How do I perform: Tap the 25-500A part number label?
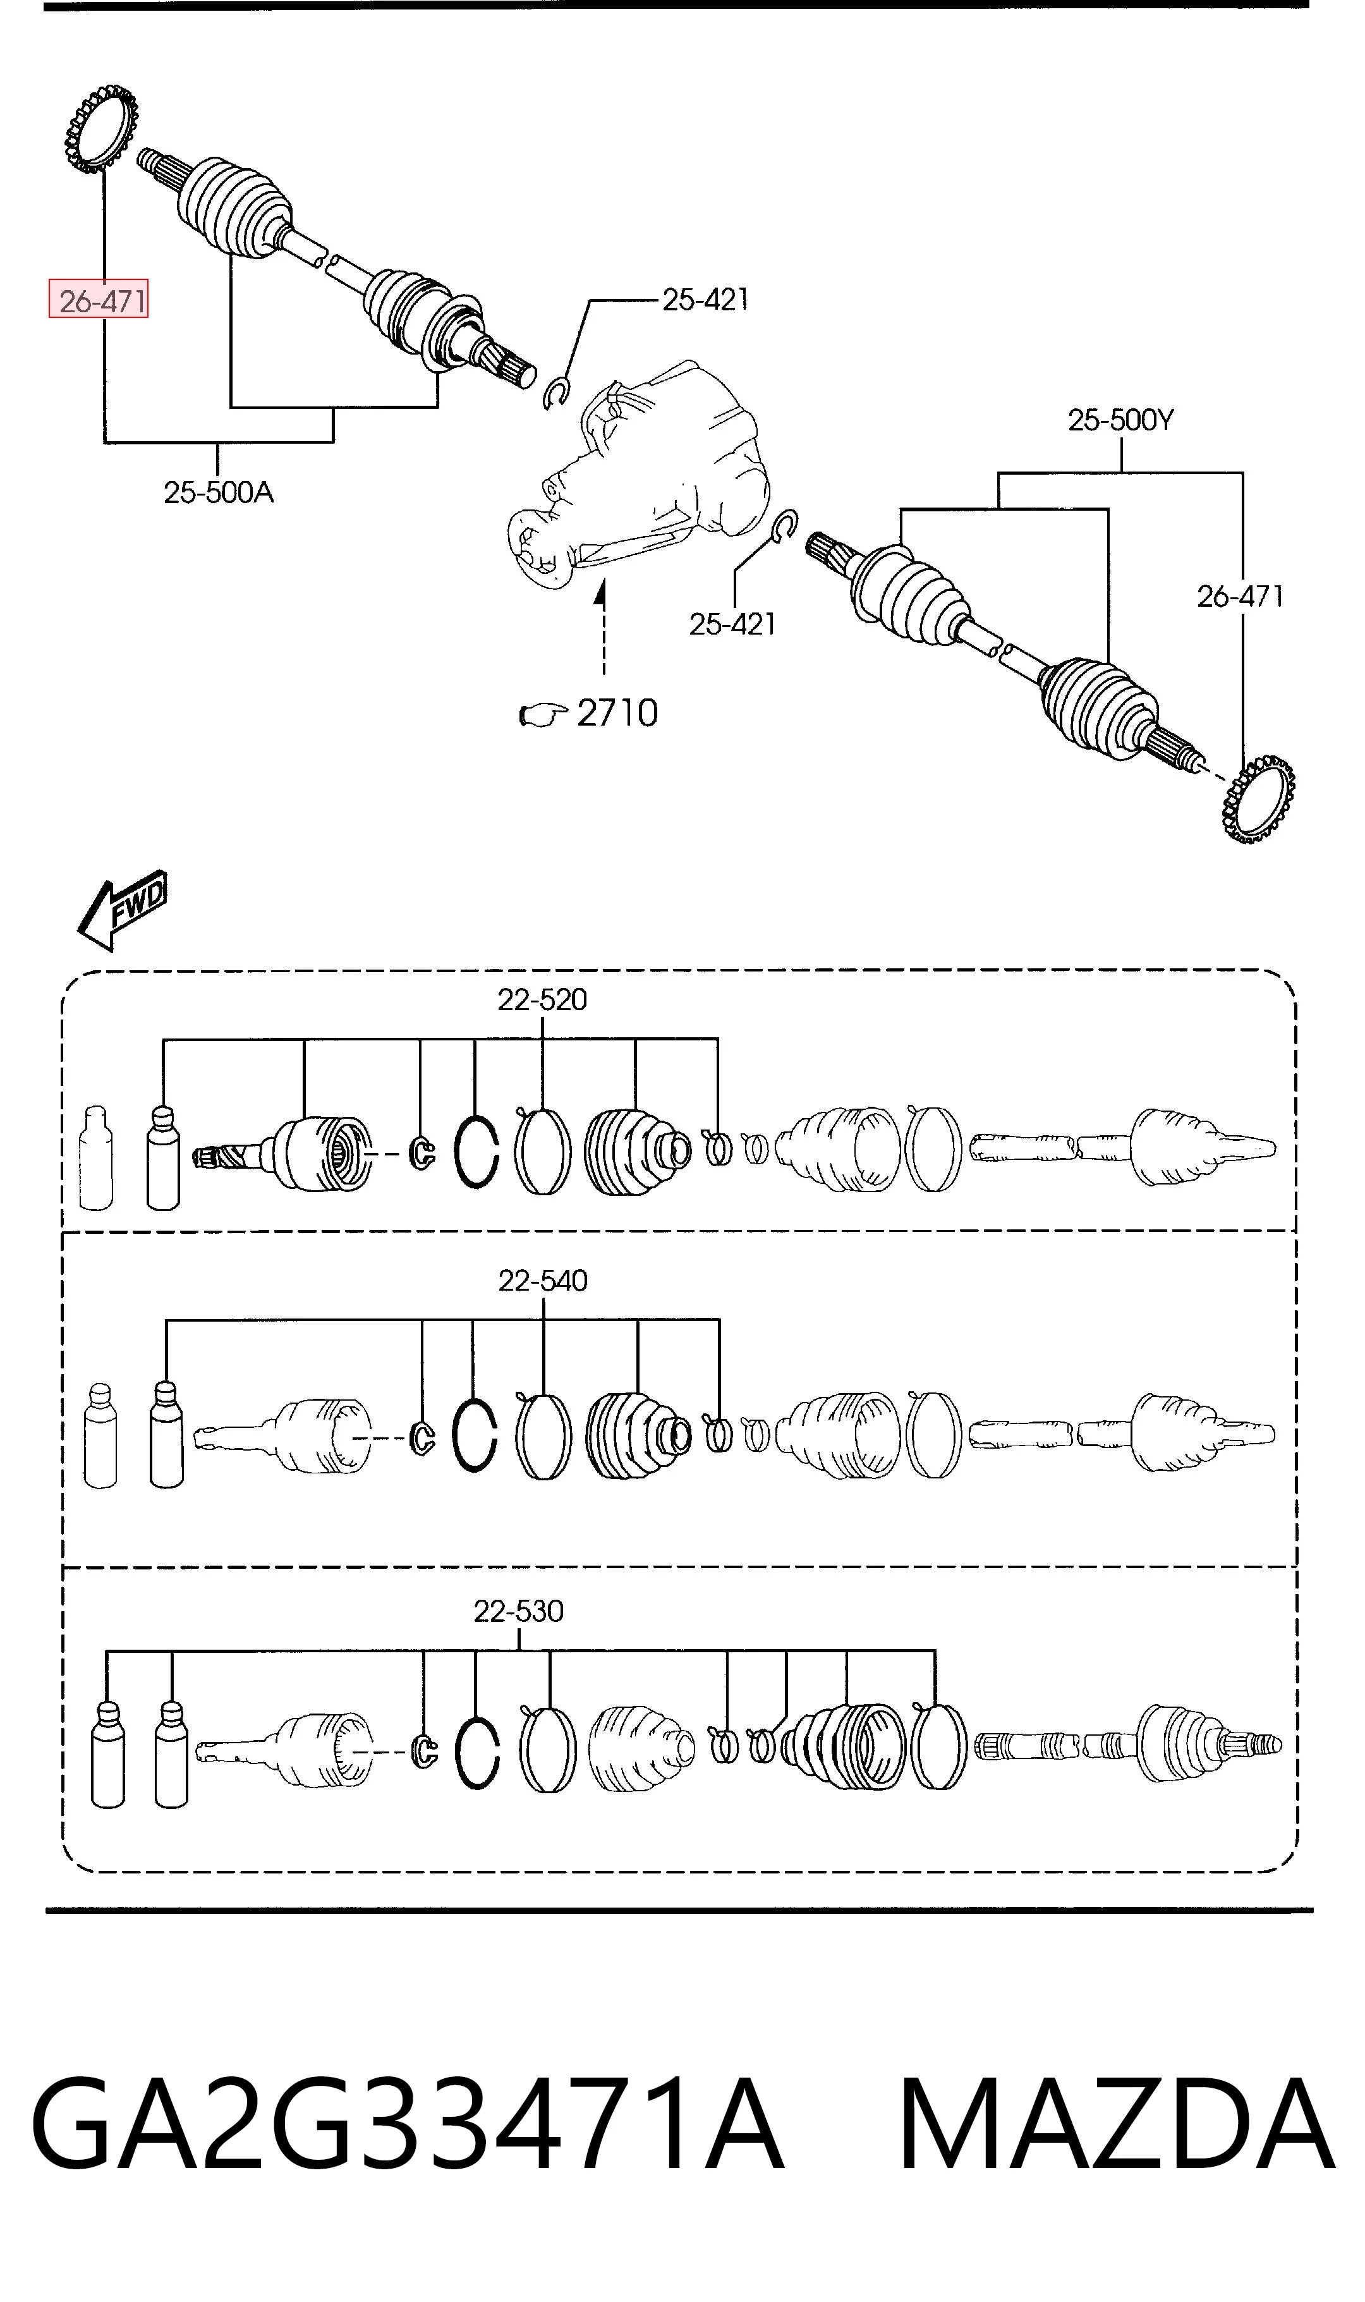219,493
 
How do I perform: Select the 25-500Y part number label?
1121,420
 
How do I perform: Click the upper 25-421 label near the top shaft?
705,299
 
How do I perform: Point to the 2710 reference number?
617,713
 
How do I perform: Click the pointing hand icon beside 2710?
543,715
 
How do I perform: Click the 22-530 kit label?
519,1611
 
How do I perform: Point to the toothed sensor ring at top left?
101,128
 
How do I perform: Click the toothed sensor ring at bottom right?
1258,799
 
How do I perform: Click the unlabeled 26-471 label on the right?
1240,597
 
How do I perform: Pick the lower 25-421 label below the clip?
732,624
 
